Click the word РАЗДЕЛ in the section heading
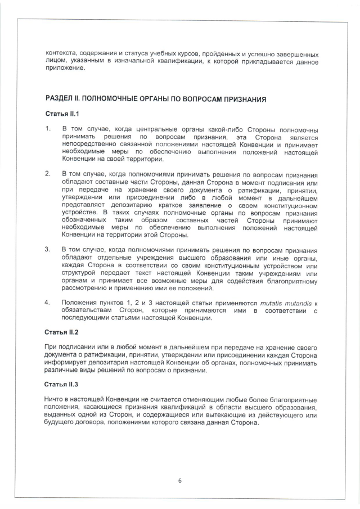click(x=61, y=98)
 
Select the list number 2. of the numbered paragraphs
click(x=48, y=173)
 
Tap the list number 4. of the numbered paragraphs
click(x=48, y=303)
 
